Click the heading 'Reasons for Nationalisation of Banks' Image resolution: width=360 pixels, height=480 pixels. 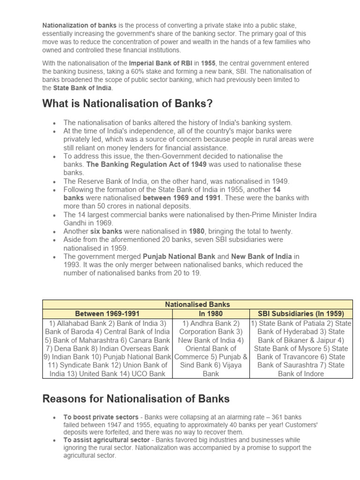[x=136, y=399]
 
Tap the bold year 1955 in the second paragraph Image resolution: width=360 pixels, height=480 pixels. [x=209, y=63]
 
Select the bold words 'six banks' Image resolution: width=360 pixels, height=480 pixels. [x=107, y=231]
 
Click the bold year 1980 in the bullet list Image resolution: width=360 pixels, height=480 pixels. [x=196, y=231]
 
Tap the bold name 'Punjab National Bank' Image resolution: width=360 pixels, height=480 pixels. [x=179, y=256]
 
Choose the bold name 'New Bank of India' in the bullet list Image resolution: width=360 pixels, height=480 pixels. [x=262, y=256]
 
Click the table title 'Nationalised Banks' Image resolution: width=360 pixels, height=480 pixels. [x=197, y=304]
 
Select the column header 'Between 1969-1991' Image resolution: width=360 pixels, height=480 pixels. [x=107, y=314]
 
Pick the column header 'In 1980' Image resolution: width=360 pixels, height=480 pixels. [x=211, y=314]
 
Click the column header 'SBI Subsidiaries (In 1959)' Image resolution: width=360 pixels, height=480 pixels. [x=301, y=314]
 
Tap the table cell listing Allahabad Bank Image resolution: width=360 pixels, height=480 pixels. [x=107, y=348]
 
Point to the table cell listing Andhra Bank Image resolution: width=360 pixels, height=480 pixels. [x=211, y=348]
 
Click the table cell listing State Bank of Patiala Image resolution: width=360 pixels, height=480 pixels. [x=301, y=348]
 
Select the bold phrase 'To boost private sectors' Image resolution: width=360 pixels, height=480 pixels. [x=101, y=417]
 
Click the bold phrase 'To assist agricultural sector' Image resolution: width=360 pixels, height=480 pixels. [x=106, y=440]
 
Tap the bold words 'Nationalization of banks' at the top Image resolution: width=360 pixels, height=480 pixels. [x=80, y=25]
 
